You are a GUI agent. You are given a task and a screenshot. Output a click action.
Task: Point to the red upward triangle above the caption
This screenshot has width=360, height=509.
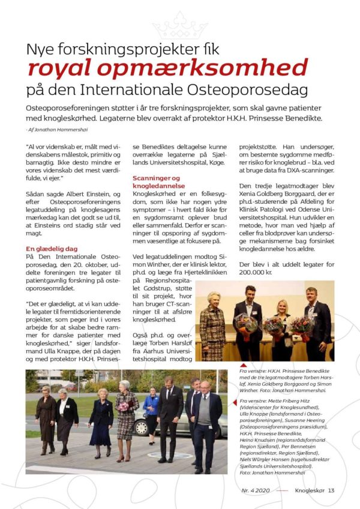point(242,365)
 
